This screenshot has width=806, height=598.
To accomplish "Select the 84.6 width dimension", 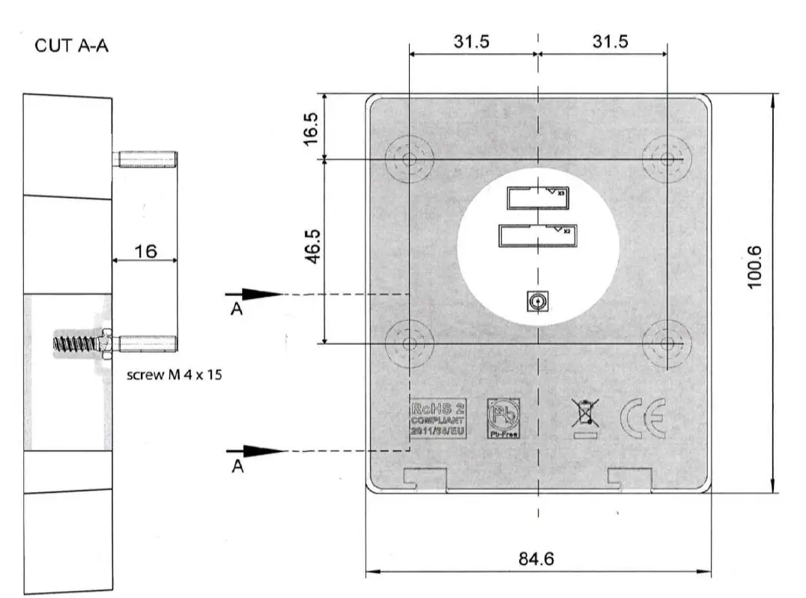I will click(537, 559).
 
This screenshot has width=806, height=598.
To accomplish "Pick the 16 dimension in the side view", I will click(145, 251).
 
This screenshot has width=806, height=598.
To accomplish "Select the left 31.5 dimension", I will click(472, 42).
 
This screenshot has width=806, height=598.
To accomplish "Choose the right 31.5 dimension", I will click(610, 42).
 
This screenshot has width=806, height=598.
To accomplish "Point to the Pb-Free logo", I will click(503, 417).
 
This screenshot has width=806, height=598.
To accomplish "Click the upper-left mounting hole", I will click(410, 159).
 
